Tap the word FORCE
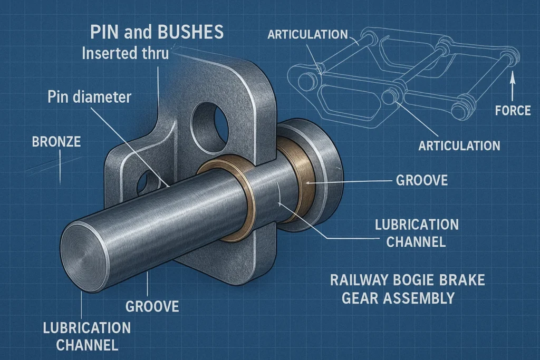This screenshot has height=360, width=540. pos(513,111)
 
